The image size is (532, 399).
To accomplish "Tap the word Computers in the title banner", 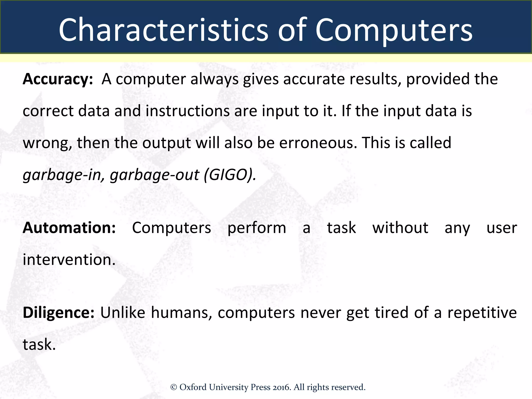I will pyautogui.click(x=394, y=31).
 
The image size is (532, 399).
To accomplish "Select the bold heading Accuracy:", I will pyautogui.click(x=58, y=79).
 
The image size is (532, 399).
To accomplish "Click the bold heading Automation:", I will pyautogui.click(x=69, y=228).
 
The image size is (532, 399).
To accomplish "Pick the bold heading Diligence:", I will pyautogui.click(x=58, y=312).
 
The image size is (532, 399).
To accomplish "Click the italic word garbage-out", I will pyautogui.click(x=155, y=175).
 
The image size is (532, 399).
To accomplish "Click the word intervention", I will pyautogui.click(x=69, y=260).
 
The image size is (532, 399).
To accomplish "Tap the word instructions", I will pyautogui.click(x=188, y=111).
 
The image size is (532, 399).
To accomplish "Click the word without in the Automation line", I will pyautogui.click(x=400, y=228).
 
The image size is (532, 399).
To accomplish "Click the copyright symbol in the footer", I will pyautogui.click(x=174, y=388).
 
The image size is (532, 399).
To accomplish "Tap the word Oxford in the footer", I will pyautogui.click(x=193, y=387).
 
